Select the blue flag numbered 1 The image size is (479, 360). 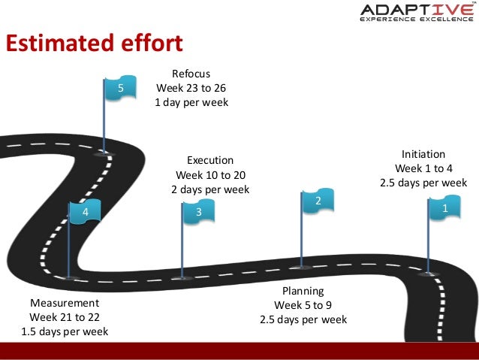coord(444,208)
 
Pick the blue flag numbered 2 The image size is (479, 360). coord(318,202)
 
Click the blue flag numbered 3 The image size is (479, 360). coord(199,213)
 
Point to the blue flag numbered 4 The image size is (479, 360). coord(86,213)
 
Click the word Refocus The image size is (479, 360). coord(191,74)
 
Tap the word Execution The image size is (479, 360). coord(210,160)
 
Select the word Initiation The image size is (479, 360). coord(423,153)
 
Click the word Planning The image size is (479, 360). coord(303,291)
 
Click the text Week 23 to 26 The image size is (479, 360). coord(191,88)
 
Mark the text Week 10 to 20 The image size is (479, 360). coord(210,174)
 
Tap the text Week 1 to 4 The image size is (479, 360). coord(423,168)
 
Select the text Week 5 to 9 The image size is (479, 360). coord(303,305)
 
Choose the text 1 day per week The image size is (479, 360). coord(191,102)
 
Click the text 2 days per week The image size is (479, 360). coord(210,189)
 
